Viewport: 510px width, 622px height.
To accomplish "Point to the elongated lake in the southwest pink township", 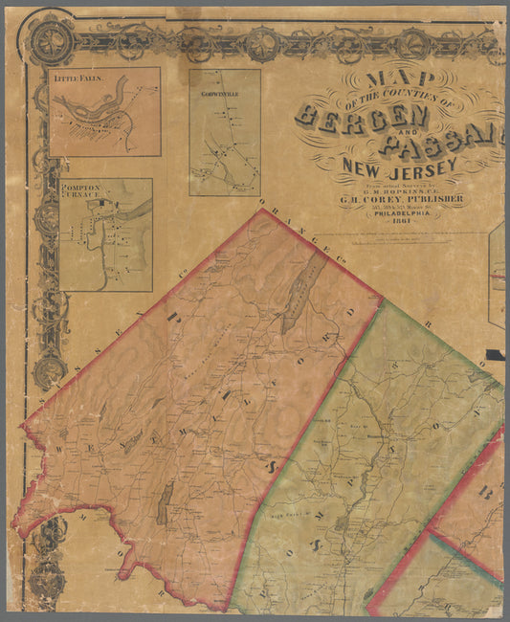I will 164,503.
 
